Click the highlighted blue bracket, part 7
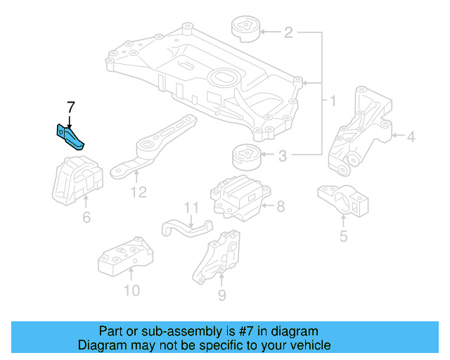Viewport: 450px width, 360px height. coord(70,136)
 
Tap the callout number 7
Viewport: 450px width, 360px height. coord(70,108)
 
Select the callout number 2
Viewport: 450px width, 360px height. coord(288,32)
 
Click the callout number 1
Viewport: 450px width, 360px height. coord(333,102)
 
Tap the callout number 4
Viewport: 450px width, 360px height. coord(411,138)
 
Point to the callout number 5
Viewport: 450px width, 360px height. coord(343,237)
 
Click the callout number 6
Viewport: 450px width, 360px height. coord(86,218)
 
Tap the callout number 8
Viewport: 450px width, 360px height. coord(281,207)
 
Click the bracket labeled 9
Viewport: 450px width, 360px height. coord(219,258)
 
